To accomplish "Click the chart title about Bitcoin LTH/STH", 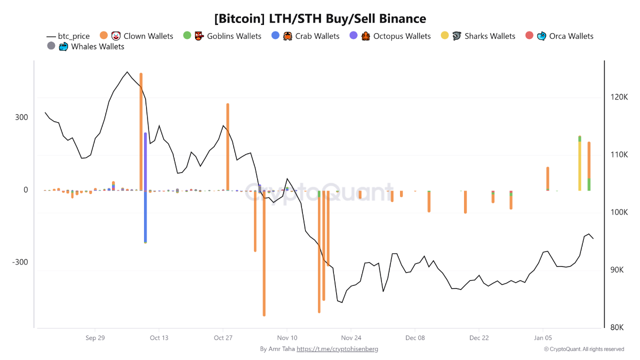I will click(320, 19).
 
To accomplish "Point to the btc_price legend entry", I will click(68, 36).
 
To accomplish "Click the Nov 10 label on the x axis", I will click(287, 338).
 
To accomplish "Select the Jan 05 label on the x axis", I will click(542, 338).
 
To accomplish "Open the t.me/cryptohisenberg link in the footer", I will click(337, 349).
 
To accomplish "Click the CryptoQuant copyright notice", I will click(584, 349).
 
